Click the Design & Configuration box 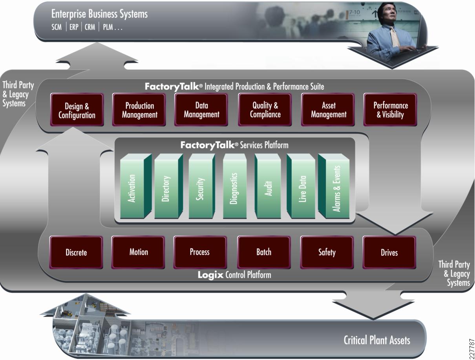click(77, 110)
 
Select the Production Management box click(139, 110)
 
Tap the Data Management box click(201, 110)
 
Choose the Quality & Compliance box click(265, 110)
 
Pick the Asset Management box click(328, 110)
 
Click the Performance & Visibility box click(390, 110)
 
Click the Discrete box click(76, 253)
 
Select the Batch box click(264, 252)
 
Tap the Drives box click(389, 253)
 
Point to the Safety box click(327, 252)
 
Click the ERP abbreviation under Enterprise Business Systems click(74, 28)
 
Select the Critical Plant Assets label click(377, 340)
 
